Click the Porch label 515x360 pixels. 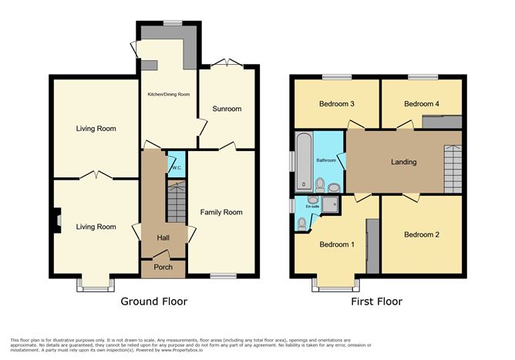(x=163, y=267)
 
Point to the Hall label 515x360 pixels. (x=163, y=237)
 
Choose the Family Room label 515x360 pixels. (x=221, y=212)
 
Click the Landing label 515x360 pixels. (x=403, y=162)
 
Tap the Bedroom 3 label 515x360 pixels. (x=336, y=104)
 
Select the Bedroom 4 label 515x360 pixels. (x=422, y=104)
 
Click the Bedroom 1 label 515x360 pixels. (x=336, y=244)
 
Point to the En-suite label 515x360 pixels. (x=312, y=207)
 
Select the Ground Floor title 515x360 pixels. (x=153, y=301)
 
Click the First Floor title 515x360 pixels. (x=377, y=301)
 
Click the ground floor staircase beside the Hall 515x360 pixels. (x=177, y=202)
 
